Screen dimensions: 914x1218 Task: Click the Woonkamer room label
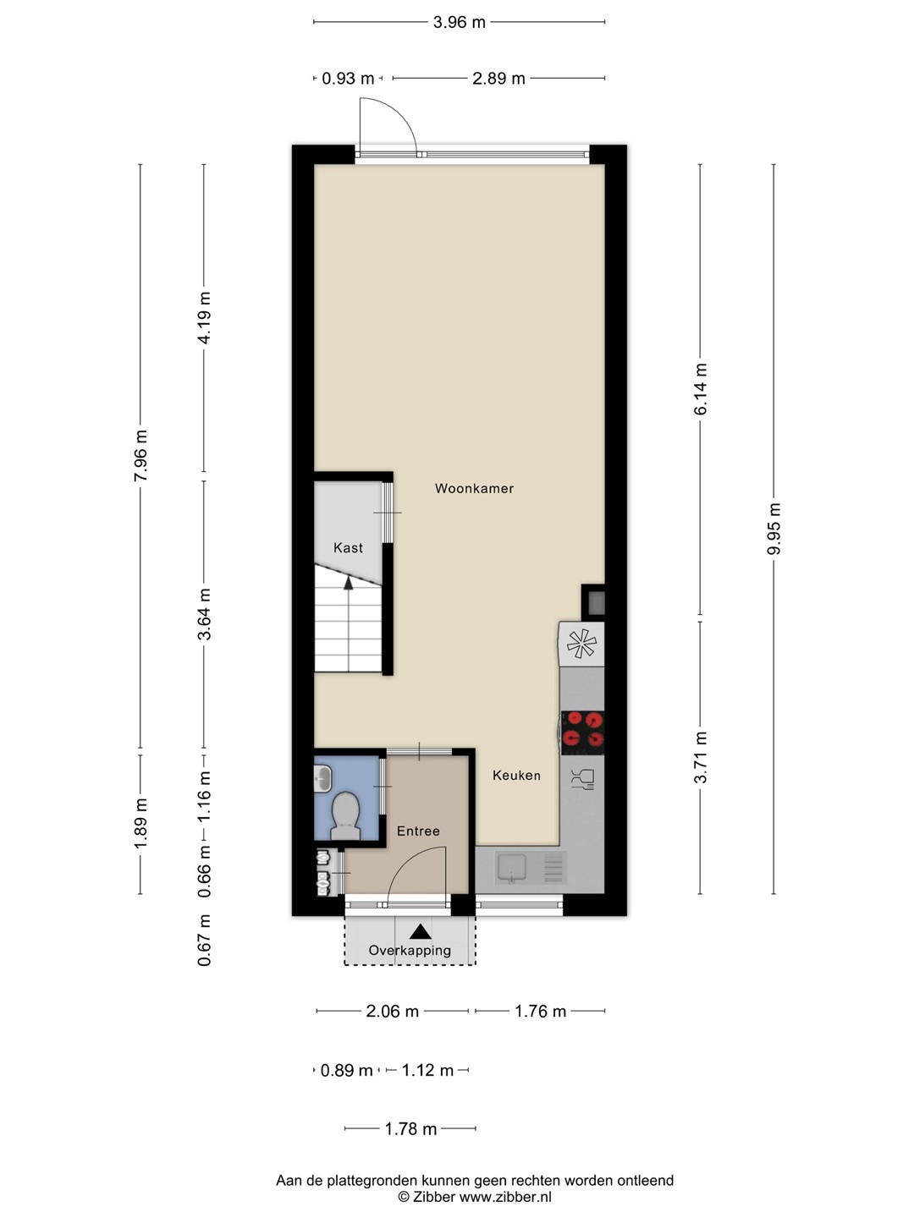pyautogui.click(x=474, y=488)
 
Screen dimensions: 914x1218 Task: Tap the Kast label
pyautogui.click(x=348, y=548)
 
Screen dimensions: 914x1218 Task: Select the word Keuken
pyautogui.click(x=516, y=775)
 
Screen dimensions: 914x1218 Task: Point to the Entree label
pyautogui.click(x=418, y=831)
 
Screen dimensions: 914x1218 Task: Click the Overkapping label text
pyautogui.click(x=410, y=950)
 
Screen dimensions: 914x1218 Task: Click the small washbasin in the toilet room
pyautogui.click(x=322, y=778)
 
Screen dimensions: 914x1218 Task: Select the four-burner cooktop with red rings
pyautogui.click(x=582, y=732)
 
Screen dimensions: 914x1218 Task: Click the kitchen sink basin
pyautogui.click(x=512, y=867)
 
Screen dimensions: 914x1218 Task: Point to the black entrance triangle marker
pyautogui.click(x=420, y=931)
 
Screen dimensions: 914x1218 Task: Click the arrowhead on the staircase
pyautogui.click(x=349, y=582)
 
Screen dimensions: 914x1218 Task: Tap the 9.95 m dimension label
pyautogui.click(x=774, y=529)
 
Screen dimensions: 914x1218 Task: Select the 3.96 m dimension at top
pyautogui.click(x=460, y=22)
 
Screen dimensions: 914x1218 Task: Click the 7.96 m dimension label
pyautogui.click(x=140, y=456)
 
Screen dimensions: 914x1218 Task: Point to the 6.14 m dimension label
pyautogui.click(x=701, y=389)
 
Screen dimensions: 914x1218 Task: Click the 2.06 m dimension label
pyautogui.click(x=393, y=1011)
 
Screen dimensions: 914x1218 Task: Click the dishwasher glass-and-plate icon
pyautogui.click(x=582, y=778)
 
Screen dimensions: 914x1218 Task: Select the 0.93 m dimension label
pyautogui.click(x=348, y=79)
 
